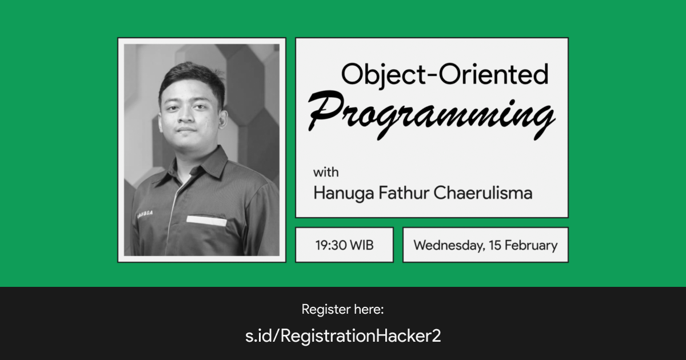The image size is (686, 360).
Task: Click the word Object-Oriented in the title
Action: tap(444, 74)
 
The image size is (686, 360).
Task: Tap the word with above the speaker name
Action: tap(325, 172)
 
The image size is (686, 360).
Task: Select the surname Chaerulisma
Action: tap(483, 193)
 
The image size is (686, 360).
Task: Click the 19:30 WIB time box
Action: tap(344, 245)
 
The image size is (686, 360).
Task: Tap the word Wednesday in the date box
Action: tap(446, 246)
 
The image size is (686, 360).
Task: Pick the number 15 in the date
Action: tap(494, 246)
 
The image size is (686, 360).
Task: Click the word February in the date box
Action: tap(531, 246)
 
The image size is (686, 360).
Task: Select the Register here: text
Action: tap(342, 310)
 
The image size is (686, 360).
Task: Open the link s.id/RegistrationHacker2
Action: tap(343, 336)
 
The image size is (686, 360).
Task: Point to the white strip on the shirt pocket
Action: tap(206, 220)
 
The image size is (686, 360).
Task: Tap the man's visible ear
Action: tap(222, 119)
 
